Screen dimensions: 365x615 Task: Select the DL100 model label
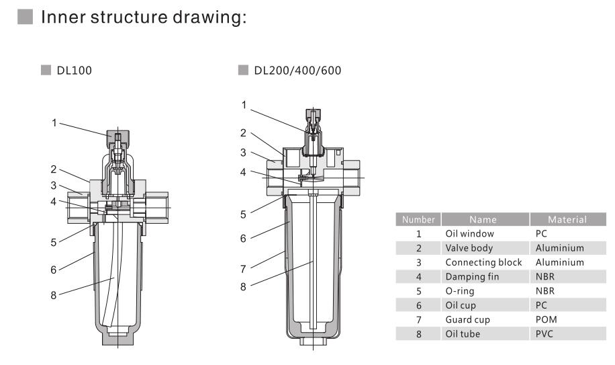[x=73, y=71]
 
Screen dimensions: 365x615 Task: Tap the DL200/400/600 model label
[x=297, y=71]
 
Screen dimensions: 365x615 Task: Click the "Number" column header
[x=419, y=219]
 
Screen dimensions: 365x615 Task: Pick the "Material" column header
[x=567, y=219]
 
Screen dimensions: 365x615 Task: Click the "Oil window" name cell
[x=469, y=234]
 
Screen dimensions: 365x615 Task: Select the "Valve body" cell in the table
[x=469, y=248]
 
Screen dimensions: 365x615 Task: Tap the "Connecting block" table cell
[x=483, y=262]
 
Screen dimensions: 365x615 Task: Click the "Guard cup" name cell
[x=467, y=319]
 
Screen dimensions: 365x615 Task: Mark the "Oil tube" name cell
[x=463, y=333]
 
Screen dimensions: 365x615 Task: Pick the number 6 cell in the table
[x=419, y=305]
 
